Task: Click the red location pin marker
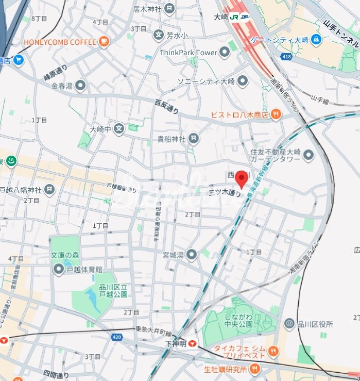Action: click(242, 179)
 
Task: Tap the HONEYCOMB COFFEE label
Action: click(59, 42)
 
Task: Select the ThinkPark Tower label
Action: click(188, 52)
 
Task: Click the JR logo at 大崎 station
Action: click(234, 17)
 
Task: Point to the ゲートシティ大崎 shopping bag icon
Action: click(316, 39)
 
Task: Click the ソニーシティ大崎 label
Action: click(206, 81)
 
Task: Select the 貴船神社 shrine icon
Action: click(193, 138)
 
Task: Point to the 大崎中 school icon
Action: click(119, 128)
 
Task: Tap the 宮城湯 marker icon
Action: click(192, 254)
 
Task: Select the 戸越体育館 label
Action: click(84, 269)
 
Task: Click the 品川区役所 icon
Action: click(289, 324)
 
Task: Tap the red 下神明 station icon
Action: click(193, 343)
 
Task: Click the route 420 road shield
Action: click(116, 337)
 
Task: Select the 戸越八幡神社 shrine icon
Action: click(49, 190)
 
